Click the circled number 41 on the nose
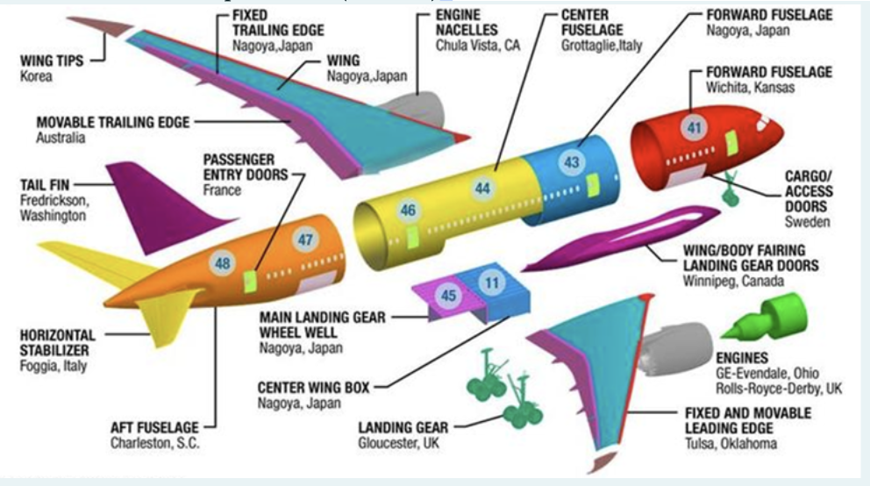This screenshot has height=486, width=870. (x=695, y=129)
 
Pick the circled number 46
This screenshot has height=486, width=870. (x=408, y=211)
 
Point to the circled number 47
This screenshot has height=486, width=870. (x=305, y=239)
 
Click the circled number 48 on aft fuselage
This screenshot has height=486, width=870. (x=223, y=261)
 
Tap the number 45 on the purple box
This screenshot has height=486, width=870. (x=448, y=296)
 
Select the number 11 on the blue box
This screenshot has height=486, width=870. (x=491, y=283)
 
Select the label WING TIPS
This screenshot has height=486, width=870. (x=52, y=61)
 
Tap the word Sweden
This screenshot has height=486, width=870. (x=807, y=222)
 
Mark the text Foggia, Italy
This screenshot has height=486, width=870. (x=53, y=366)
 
